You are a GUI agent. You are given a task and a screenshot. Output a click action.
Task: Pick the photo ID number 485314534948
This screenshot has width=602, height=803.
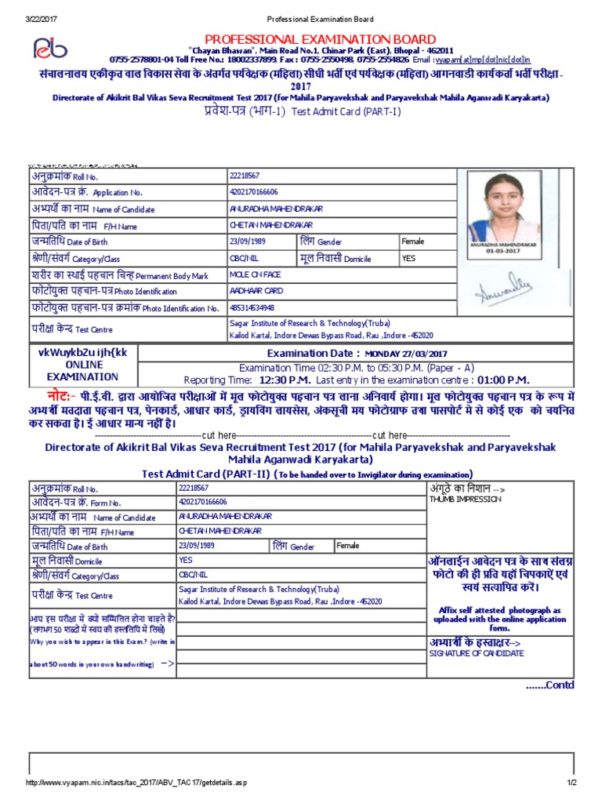(252, 307)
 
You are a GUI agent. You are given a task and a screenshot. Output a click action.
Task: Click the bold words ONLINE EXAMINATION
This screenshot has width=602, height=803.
(83, 371)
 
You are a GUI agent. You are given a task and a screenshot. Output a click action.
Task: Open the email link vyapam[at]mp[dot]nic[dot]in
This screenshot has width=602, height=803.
(495, 60)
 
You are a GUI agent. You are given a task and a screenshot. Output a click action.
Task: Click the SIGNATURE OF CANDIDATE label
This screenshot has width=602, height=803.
(477, 653)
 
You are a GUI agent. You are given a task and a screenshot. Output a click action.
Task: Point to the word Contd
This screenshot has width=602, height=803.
(549, 685)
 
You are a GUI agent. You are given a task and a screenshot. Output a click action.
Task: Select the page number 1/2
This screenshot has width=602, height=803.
(571, 783)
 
